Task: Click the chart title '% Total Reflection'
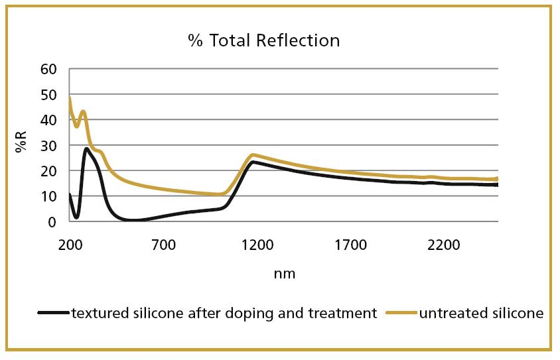click(x=263, y=40)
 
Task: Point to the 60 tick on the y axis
click(x=50, y=69)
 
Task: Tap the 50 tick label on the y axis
click(x=50, y=95)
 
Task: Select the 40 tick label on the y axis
click(x=50, y=120)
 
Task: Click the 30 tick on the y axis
click(x=50, y=145)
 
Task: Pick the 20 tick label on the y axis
click(x=50, y=171)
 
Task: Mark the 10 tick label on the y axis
click(x=50, y=196)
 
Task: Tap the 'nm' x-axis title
click(x=284, y=273)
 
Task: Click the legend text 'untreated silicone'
click(x=480, y=313)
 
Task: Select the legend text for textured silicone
click(x=224, y=313)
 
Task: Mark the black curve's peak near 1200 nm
click(x=253, y=162)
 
